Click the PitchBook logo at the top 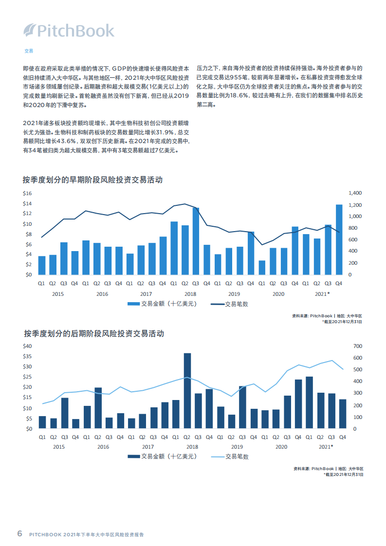pyautogui.click(x=69, y=31)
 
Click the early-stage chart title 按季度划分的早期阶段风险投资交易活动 pyautogui.click(x=92, y=180)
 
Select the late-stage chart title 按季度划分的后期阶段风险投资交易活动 pyautogui.click(x=93, y=334)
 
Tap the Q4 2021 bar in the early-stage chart pyautogui.click(x=339, y=239)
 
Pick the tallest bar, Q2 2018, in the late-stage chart pyautogui.click(x=187, y=391)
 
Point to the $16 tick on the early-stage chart pyautogui.click(x=27, y=193)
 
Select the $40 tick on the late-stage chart pyautogui.click(x=27, y=346)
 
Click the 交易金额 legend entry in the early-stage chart pyautogui.click(x=162, y=304)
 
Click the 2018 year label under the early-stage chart pyautogui.click(x=190, y=294)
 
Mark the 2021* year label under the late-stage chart pyautogui.click(x=325, y=446)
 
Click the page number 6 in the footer pyautogui.click(x=19, y=533)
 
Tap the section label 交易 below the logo pyautogui.click(x=29, y=51)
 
